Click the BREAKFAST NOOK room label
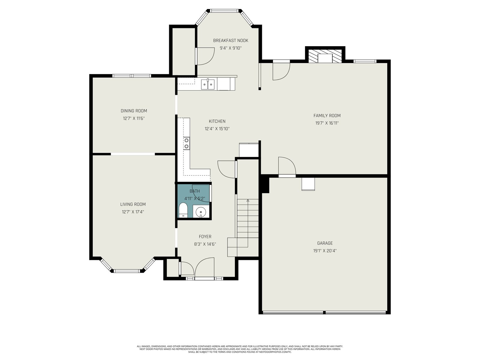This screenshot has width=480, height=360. (x=230, y=40)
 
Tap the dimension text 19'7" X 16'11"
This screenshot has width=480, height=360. (x=327, y=123)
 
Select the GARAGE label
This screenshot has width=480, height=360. (x=325, y=243)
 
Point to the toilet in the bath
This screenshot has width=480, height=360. (x=183, y=210)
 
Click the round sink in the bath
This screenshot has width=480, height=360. (x=200, y=212)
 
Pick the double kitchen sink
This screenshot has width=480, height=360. (x=208, y=84)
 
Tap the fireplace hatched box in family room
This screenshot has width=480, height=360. (x=325, y=56)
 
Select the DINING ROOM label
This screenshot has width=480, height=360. (x=134, y=111)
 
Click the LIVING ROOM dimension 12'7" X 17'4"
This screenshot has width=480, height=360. (x=133, y=212)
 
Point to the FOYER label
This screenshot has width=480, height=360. (x=205, y=236)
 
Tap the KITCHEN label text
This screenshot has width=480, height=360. (x=217, y=121)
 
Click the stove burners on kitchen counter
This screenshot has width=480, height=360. (x=187, y=143)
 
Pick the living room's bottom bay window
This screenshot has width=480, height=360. (x=127, y=271)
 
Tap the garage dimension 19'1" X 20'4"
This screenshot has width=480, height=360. (x=325, y=251)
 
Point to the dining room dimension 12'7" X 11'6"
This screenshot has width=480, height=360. (x=134, y=118)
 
